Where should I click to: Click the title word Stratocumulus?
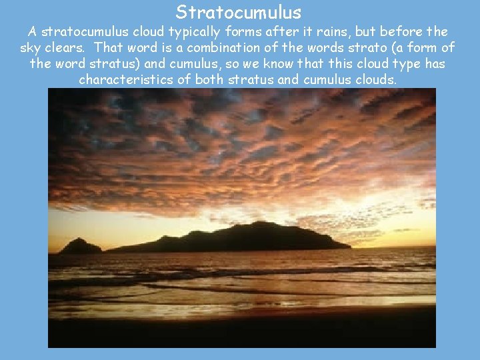tap(239, 12)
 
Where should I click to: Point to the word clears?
tap(64, 47)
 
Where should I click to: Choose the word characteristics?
tap(127, 79)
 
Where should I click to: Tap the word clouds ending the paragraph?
tap(375, 79)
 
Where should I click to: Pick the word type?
tap(401, 63)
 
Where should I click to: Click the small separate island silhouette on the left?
tap(80, 247)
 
